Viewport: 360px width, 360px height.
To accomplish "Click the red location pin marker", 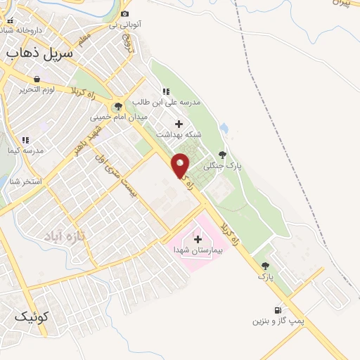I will [181, 165].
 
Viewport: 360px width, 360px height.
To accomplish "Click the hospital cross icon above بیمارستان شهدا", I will [197, 239].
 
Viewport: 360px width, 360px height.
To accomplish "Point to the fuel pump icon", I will [278, 310].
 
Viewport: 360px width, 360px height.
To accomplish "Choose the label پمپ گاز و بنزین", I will [279, 321].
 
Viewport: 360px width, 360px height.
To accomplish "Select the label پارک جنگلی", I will [222, 166].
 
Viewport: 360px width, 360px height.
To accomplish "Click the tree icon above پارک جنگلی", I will [222, 155].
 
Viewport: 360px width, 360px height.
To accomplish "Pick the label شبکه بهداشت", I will [178, 134].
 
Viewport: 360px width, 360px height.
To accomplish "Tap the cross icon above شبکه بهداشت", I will [178, 124].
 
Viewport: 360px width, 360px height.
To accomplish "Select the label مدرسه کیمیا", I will [25, 150].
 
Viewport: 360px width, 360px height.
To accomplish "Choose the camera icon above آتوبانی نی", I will [125, 13].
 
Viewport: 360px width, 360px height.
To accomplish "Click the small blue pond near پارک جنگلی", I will [224, 129].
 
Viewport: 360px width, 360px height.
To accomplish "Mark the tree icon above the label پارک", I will [265, 266].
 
